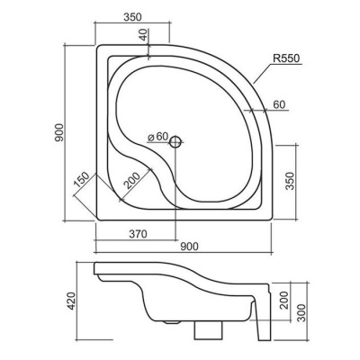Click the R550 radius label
point(286,58)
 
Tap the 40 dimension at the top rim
point(144,35)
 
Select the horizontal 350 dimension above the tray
point(132,17)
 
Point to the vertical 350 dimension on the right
point(290,181)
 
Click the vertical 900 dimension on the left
point(59,132)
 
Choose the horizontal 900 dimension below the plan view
point(189,247)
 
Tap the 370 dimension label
point(138,233)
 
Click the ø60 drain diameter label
point(157,137)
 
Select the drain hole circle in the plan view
point(175,142)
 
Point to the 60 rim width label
point(279,104)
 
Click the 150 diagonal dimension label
point(82,180)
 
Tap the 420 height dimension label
point(71,301)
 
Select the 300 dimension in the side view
point(301,312)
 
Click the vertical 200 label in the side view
point(284,300)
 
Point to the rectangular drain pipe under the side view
point(209,330)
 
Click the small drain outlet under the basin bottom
point(172,322)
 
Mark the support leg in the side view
point(262,318)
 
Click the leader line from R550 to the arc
point(263,74)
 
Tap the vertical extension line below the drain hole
point(175,194)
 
